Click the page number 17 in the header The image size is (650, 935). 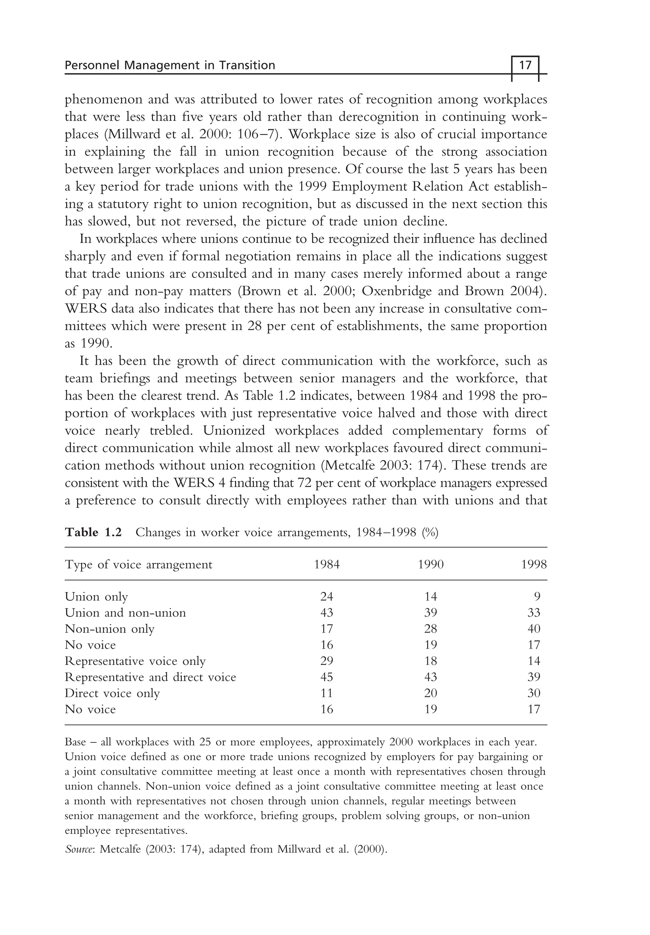coord(525,65)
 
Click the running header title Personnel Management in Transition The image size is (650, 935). coord(170,65)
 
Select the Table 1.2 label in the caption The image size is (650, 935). coord(93,532)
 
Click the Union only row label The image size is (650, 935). coord(96,597)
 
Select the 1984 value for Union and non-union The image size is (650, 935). coord(327,613)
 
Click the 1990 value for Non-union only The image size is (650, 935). coord(430,629)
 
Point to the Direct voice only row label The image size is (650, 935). coord(112,693)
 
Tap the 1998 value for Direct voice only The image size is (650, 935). coord(534,693)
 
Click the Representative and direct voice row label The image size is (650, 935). coord(150,677)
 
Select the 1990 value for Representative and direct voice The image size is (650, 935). coord(430,677)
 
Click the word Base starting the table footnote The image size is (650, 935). coord(75,742)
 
